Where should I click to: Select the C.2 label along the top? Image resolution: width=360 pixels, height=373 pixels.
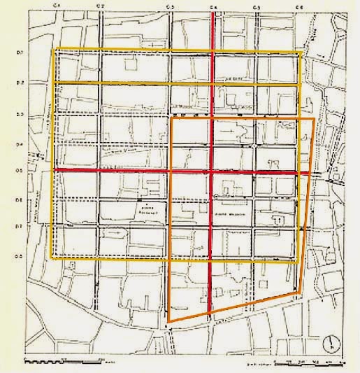click(x=101, y=6)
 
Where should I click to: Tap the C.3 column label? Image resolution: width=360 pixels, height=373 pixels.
click(x=171, y=6)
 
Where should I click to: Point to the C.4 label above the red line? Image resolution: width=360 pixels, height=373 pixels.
click(x=213, y=6)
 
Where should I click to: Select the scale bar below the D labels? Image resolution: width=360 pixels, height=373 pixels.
click(x=63, y=362)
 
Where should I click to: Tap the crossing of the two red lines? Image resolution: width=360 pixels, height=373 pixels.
click(x=213, y=171)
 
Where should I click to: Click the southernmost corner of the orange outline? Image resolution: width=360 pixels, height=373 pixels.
click(x=168, y=323)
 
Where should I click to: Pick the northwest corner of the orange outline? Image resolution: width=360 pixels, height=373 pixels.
click(x=172, y=119)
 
